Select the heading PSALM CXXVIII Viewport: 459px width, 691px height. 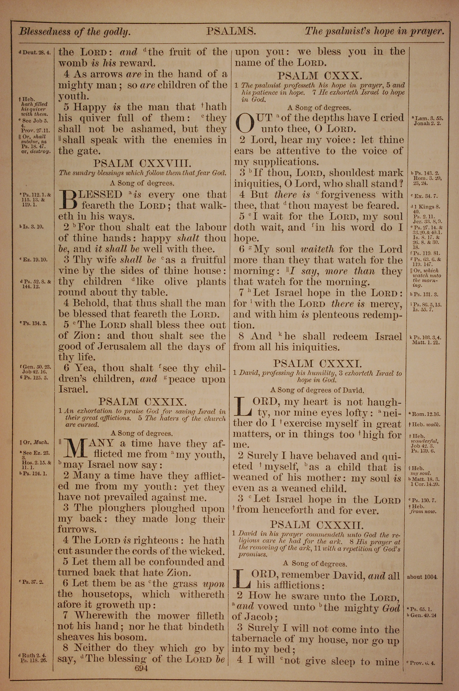click(x=142, y=163)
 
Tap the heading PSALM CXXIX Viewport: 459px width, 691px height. click(x=142, y=401)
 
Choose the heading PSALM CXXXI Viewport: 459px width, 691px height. click(x=318, y=363)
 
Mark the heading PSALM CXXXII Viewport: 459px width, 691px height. click(x=317, y=524)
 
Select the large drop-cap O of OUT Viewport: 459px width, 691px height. click(x=246, y=123)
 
